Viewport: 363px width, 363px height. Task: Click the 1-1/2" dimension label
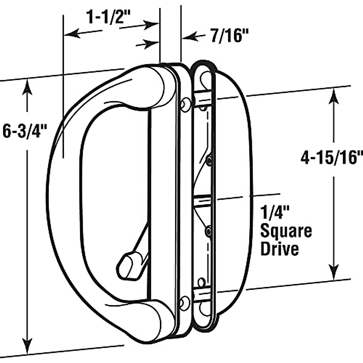[108, 17]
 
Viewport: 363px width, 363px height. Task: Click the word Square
[286, 232]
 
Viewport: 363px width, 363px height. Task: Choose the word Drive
[280, 249]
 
